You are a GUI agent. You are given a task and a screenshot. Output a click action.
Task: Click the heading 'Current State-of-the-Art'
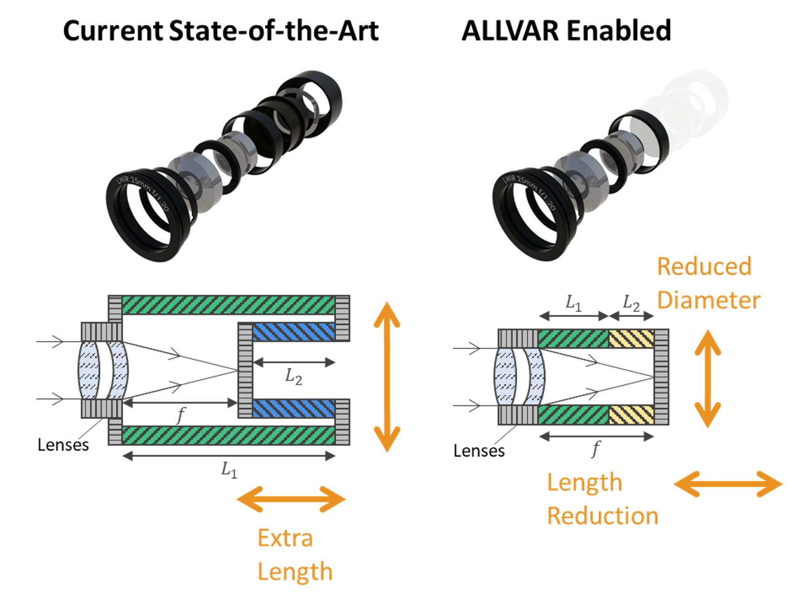[220, 31]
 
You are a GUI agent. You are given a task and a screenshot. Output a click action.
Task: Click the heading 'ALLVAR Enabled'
[566, 31]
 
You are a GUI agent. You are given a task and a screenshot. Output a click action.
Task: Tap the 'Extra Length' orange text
[294, 555]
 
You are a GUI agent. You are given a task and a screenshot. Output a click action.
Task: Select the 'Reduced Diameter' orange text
[708, 283]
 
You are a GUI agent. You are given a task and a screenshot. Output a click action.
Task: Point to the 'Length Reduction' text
[602, 499]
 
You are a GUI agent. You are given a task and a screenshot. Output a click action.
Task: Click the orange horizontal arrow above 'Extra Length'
[291, 499]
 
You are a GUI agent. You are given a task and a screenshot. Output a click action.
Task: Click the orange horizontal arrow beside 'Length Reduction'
[728, 484]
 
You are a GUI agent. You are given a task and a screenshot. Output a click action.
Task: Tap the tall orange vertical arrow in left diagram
[387, 377]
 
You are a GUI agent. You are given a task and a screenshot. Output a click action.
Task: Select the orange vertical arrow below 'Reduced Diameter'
[707, 378]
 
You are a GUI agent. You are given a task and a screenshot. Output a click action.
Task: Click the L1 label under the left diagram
[229, 470]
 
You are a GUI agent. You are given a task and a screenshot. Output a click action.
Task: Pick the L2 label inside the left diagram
[293, 376]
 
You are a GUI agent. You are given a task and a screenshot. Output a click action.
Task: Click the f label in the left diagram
[181, 414]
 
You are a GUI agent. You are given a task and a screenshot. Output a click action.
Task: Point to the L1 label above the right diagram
[573, 303]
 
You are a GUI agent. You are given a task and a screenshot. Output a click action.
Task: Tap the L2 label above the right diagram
[631, 303]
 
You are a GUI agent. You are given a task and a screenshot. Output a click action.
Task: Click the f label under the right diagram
[596, 449]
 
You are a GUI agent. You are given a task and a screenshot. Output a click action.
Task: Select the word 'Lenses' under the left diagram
[63, 445]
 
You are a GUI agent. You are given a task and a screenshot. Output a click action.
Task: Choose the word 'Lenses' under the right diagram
[479, 451]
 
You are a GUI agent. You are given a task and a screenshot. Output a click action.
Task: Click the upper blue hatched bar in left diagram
[293, 332]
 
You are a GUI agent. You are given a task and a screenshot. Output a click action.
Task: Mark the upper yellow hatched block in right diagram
[631, 339]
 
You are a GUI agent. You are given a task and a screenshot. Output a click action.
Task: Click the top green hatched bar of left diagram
[228, 305]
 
